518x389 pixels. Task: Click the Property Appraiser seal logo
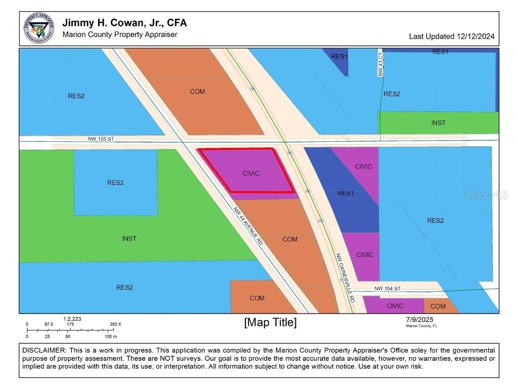pos(39,28)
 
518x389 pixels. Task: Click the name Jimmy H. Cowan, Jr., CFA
pos(124,23)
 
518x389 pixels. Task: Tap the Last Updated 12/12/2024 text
pos(451,36)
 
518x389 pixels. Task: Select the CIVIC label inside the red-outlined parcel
pos(250,173)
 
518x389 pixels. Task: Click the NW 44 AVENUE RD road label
pos(248,226)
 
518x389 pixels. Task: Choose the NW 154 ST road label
pos(387,289)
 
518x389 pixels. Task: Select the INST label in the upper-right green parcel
pos(438,123)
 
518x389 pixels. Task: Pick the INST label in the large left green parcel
pos(129,239)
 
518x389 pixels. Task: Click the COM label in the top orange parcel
pos(197,92)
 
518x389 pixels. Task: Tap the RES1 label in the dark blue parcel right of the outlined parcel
pos(345,193)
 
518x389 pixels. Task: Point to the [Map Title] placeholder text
pos(270,322)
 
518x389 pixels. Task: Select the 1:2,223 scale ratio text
pos(72,319)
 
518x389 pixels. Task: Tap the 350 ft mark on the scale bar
pos(115,324)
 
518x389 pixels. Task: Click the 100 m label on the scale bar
pos(110,336)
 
